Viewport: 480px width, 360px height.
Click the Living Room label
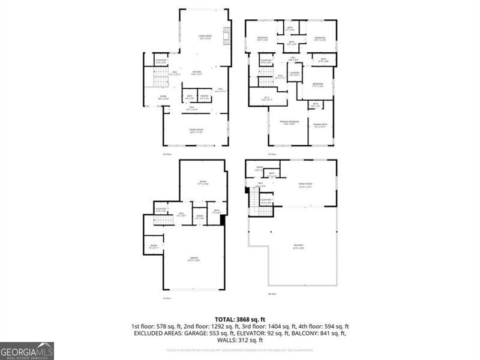(205, 38)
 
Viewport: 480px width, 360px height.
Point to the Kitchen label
(196, 73)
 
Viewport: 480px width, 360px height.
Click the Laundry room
(294, 74)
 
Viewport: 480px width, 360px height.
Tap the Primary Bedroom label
(289, 122)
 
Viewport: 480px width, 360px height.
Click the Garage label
(193, 259)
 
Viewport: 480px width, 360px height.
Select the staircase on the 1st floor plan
(164, 220)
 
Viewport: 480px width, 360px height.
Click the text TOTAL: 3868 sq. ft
(240, 319)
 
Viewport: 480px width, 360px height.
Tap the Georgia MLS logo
(27, 350)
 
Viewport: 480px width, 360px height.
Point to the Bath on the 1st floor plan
(217, 211)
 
